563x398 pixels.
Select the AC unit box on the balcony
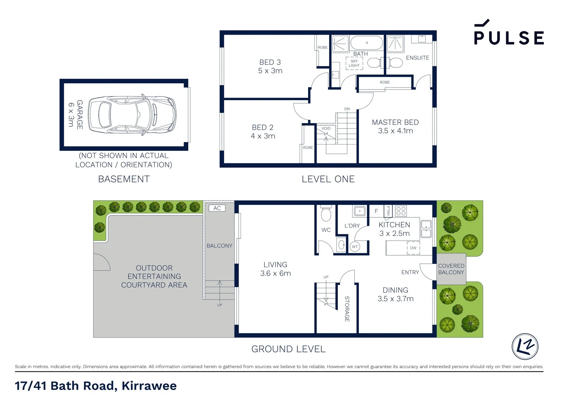217,208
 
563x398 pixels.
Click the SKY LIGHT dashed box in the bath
354,63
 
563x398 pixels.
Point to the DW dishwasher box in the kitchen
413,248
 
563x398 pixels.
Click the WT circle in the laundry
354,247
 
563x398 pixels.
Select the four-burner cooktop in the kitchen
401,211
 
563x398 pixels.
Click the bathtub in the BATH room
367,43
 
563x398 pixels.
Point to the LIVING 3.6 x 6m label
275,269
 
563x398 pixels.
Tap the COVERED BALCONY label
451,269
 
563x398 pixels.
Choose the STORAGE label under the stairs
347,309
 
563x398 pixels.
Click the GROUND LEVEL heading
288,349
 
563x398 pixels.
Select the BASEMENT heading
124,179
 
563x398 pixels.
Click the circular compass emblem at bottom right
525,346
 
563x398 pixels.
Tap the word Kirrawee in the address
149,386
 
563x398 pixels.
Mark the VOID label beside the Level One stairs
326,129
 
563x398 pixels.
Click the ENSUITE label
417,58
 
